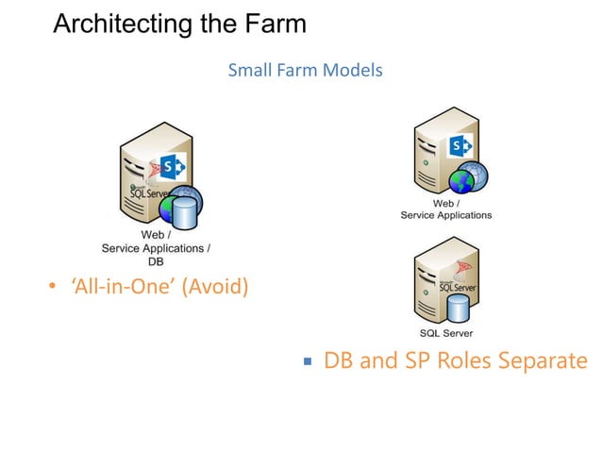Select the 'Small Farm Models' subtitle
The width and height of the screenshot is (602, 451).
[305, 71]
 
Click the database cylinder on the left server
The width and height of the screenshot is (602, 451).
[185, 213]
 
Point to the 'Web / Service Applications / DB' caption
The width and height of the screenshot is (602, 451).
[156, 247]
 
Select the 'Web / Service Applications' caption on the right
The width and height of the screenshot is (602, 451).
[445, 209]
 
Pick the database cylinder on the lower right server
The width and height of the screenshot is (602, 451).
[459, 309]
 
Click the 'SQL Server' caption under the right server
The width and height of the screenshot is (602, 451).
[445, 333]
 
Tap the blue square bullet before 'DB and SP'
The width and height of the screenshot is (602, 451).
[308, 362]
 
